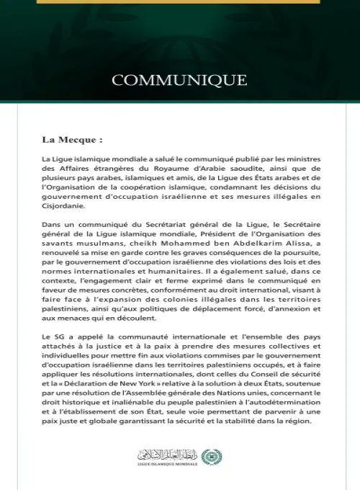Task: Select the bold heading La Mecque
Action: click(x=72, y=140)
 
